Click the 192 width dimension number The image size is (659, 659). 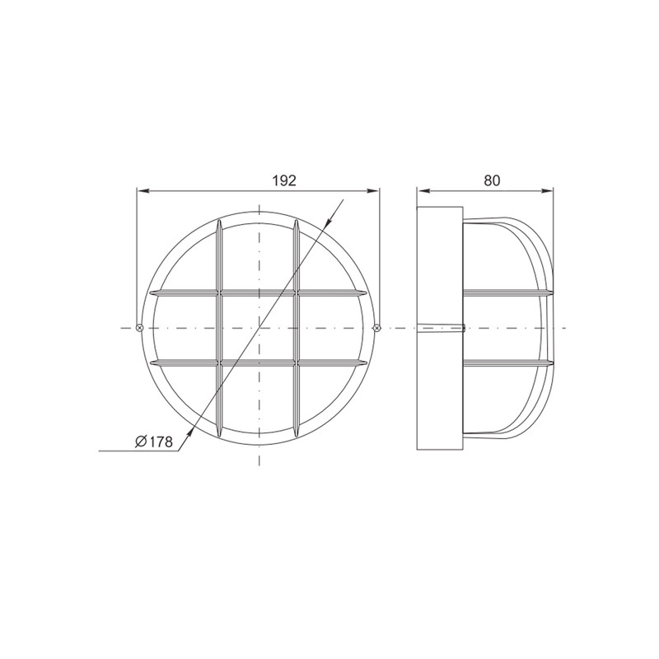point(284,180)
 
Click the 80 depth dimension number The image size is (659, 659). point(492,180)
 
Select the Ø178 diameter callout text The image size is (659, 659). point(154,442)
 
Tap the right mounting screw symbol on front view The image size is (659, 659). point(377,327)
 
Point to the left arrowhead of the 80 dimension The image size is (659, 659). point(423,191)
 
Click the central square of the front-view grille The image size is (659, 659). point(258,327)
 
